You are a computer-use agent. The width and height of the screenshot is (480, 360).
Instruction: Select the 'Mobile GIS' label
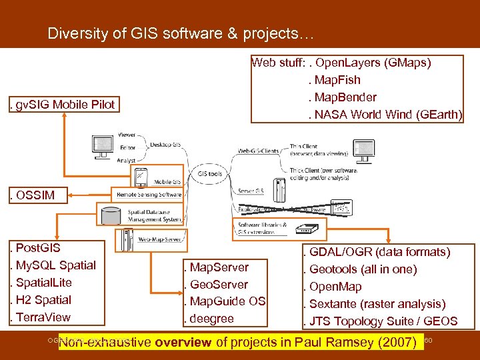tap(167, 181)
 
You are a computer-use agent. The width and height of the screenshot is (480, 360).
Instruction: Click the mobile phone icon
tap(141, 177)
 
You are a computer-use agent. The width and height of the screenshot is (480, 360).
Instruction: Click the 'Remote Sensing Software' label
tap(149, 195)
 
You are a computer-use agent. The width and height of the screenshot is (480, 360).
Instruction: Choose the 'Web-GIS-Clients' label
tap(260, 151)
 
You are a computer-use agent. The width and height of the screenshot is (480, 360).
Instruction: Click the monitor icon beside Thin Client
tap(364, 149)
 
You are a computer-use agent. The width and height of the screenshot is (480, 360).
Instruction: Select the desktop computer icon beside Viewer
tap(103, 145)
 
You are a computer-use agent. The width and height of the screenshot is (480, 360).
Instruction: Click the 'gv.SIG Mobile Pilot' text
tap(61, 104)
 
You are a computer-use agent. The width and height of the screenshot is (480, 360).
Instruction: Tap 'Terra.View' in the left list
tap(40, 317)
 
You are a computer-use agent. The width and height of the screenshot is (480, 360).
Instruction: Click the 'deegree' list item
tap(212, 319)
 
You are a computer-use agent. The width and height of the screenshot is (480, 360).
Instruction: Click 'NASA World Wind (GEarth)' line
tap(385, 114)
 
